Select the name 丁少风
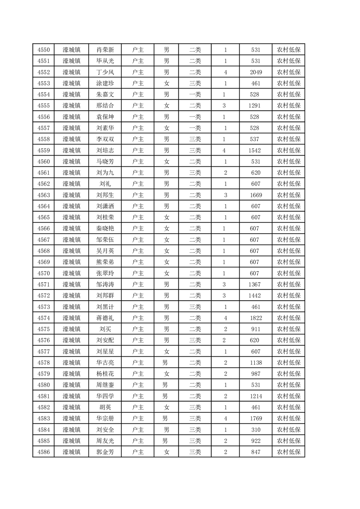(x=105, y=72)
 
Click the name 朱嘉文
(x=105, y=94)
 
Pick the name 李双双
(x=105, y=139)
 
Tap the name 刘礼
(x=105, y=184)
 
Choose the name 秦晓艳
(x=105, y=229)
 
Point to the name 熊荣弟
(x=105, y=262)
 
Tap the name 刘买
(x=105, y=329)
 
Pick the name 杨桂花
(x=105, y=374)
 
